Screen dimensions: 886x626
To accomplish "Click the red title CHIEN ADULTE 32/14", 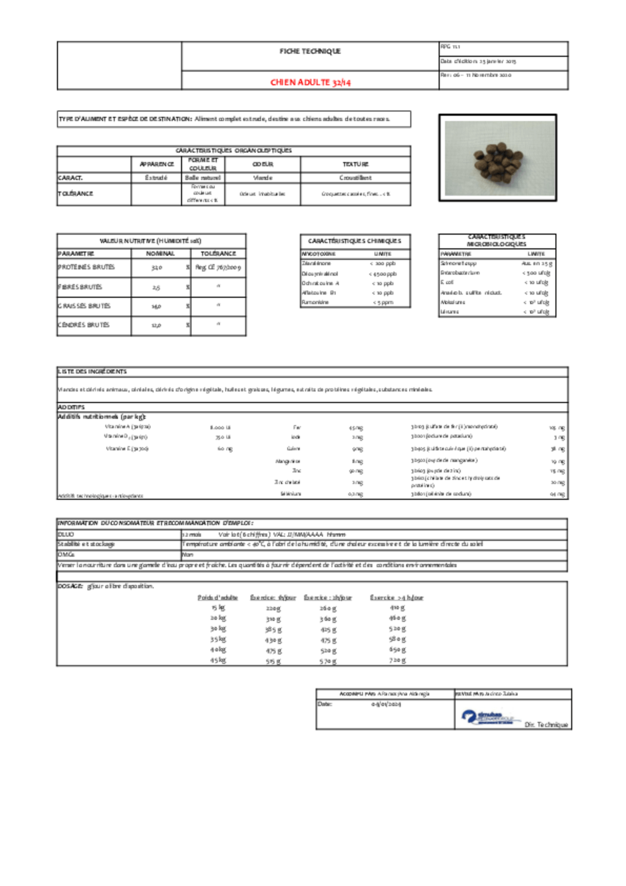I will pos(310,82).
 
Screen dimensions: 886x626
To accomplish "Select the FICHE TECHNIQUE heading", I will pos(310,51).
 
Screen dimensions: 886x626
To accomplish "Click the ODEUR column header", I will pos(263,164).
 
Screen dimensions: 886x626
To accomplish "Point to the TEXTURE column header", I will pos(355,164).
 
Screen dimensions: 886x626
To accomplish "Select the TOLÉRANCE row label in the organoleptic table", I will pos(76,194).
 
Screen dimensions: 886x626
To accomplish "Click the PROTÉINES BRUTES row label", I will pos(86,267).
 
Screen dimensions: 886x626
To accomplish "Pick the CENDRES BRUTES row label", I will pos(84,325).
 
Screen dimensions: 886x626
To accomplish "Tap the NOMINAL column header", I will pos(160,254).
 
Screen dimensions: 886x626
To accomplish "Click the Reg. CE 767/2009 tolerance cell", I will pos(218,267).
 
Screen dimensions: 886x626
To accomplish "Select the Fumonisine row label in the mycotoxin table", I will pos(315,302).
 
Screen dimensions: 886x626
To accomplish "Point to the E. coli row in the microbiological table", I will pos(447,283).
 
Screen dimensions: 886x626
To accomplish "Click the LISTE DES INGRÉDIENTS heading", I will pos(92,371).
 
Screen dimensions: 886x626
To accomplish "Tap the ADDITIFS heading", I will pos(71,407).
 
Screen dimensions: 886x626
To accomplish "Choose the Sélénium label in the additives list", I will pos(291,494).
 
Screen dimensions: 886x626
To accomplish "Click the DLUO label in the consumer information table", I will pos(66,535).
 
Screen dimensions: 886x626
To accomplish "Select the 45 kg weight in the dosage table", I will pos(218,660).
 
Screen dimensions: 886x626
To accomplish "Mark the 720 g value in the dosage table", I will pos(397,660).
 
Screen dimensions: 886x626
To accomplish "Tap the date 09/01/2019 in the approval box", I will pos(386,704).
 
